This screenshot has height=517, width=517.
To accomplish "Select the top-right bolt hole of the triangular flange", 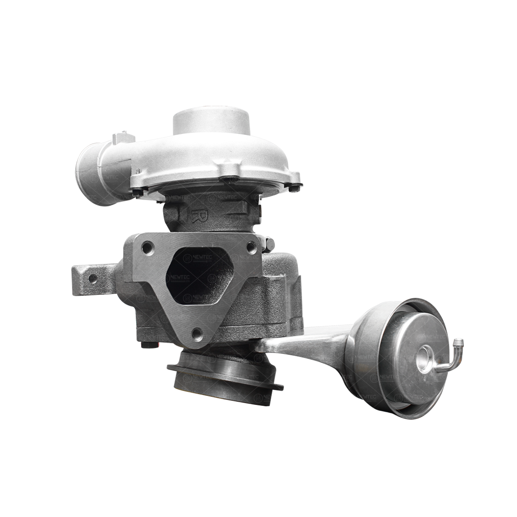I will click(251, 247).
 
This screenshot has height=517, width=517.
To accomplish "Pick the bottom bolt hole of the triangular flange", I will click(197, 334).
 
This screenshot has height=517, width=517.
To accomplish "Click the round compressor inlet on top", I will click(211, 120).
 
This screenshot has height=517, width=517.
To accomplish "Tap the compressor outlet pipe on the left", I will click(96, 175).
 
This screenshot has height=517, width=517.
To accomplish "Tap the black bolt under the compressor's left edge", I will click(138, 192).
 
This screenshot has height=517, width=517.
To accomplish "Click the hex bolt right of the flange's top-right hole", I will click(269, 244).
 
